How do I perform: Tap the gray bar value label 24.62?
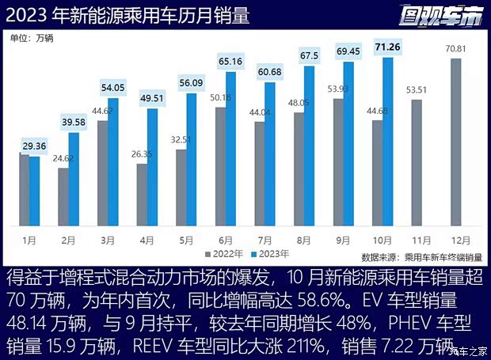(x=63, y=158)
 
